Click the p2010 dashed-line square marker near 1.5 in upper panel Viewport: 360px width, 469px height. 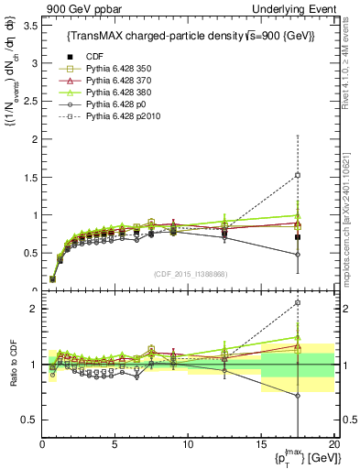[x=297, y=175]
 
